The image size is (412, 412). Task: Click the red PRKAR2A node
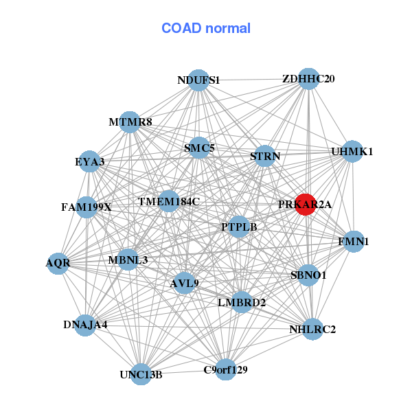click(x=306, y=205)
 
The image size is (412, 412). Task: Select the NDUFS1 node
click(x=198, y=80)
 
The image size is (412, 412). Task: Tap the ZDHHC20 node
click(x=308, y=79)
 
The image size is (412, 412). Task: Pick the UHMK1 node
click(x=352, y=152)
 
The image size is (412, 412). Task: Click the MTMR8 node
click(x=130, y=122)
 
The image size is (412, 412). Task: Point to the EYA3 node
click(x=89, y=162)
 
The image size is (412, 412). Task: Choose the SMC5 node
click(x=199, y=147)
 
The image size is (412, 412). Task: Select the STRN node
click(x=265, y=157)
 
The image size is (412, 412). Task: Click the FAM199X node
click(x=87, y=207)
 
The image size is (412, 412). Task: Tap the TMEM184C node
click(x=168, y=202)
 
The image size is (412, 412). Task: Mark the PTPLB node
click(x=238, y=227)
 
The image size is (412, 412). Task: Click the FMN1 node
click(x=354, y=242)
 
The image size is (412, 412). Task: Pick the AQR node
click(x=58, y=263)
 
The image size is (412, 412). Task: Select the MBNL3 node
click(x=128, y=260)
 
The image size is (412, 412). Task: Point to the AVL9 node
click(x=184, y=282)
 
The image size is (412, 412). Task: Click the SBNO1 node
click(x=308, y=275)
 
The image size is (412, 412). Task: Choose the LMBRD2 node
click(x=241, y=301)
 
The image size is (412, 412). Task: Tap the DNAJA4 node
click(x=85, y=325)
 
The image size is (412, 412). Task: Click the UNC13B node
click(x=141, y=374)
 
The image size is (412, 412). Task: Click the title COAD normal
click(x=206, y=29)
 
